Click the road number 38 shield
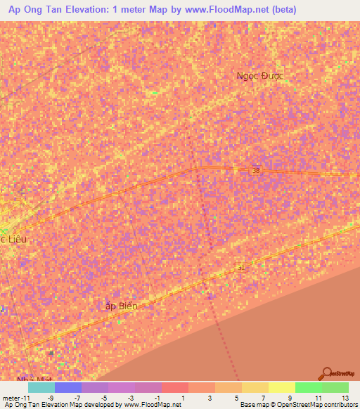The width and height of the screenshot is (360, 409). click(256, 170)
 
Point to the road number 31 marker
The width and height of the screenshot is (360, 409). click(241, 267)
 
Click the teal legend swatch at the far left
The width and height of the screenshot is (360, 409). click(41, 387)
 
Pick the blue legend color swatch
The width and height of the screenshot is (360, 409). click(67, 387)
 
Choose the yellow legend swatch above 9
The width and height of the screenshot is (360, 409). click(281, 387)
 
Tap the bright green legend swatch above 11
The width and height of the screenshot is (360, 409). click(308, 387)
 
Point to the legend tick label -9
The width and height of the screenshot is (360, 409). click(49, 398)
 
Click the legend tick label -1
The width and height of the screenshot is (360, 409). click(155, 398)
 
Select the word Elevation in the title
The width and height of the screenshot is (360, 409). click(89, 10)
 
